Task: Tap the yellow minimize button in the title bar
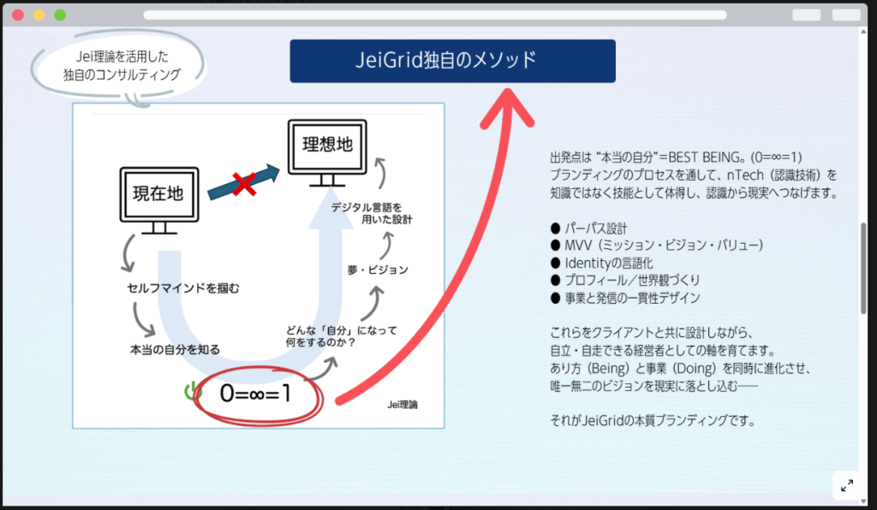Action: tap(39, 15)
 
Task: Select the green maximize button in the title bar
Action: tap(60, 15)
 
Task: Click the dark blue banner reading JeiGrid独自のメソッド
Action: tap(452, 61)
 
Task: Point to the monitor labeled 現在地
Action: tap(158, 195)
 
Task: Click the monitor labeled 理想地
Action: tap(327, 147)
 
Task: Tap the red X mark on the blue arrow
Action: tap(245, 182)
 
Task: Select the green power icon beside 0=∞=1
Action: tap(189, 392)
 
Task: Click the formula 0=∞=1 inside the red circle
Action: tap(255, 394)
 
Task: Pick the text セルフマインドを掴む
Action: tap(182, 288)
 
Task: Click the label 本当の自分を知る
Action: tap(175, 349)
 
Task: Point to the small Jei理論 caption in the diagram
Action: tap(408, 405)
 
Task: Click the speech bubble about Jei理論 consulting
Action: tap(121, 66)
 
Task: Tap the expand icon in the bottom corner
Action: tap(846, 485)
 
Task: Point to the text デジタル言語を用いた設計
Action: tap(372, 214)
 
